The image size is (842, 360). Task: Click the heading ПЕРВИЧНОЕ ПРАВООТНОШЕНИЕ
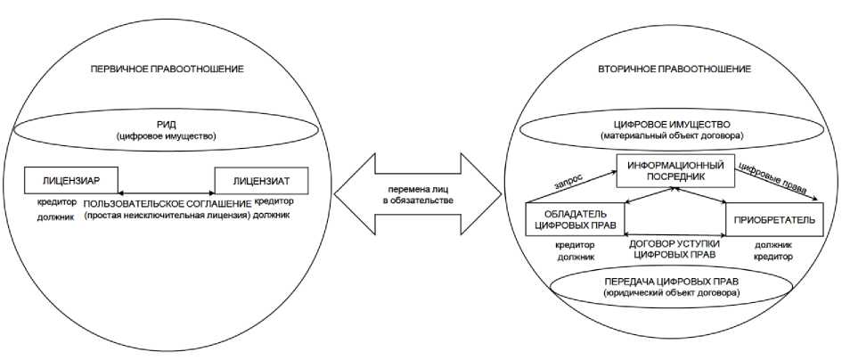(x=168, y=69)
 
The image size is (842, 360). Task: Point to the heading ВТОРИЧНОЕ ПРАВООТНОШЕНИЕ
(x=674, y=69)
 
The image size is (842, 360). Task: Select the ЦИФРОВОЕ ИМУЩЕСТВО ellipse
(x=674, y=129)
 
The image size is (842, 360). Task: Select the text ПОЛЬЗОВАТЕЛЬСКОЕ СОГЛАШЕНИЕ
(x=168, y=204)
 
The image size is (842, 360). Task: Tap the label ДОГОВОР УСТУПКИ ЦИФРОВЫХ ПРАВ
(x=674, y=249)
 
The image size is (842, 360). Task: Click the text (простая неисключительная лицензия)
(x=168, y=216)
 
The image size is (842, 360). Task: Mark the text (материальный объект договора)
(x=674, y=135)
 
